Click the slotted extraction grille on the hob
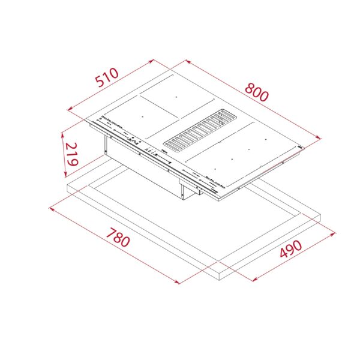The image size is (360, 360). tap(199, 130)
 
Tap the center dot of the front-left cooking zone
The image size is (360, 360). tap(142, 115)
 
